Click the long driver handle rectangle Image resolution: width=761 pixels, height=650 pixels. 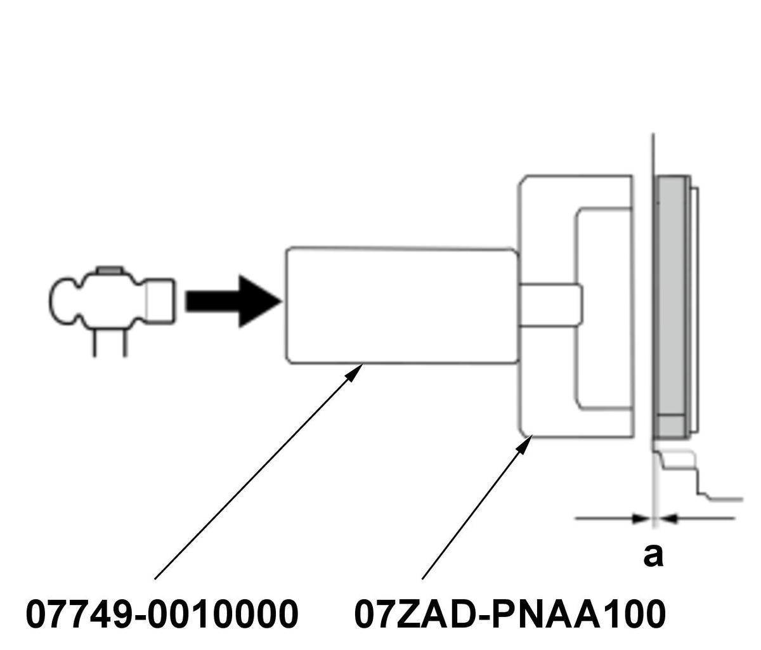[x=401, y=306]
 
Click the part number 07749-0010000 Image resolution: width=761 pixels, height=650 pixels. [x=162, y=614]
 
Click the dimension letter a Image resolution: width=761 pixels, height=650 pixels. [x=653, y=554]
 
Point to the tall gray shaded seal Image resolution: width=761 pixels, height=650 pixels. [x=672, y=298]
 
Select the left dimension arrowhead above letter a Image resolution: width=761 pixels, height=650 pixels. [x=642, y=519]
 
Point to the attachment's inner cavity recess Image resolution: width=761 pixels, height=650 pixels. [x=602, y=308]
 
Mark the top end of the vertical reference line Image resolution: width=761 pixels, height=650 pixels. [x=653, y=135]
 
